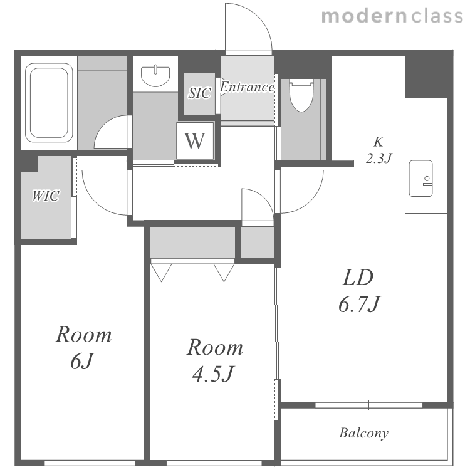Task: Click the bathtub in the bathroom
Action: [49, 103]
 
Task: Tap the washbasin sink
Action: [155, 75]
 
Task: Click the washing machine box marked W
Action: [195, 140]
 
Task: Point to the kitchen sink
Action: [421, 179]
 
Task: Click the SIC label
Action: [199, 93]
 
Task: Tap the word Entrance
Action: [247, 87]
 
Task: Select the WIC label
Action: [46, 196]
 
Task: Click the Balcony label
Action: [363, 433]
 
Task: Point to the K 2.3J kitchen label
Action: [379, 150]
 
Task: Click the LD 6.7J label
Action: [359, 291]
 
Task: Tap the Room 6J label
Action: [83, 347]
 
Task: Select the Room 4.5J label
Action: [214, 360]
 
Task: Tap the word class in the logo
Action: [437, 16]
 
